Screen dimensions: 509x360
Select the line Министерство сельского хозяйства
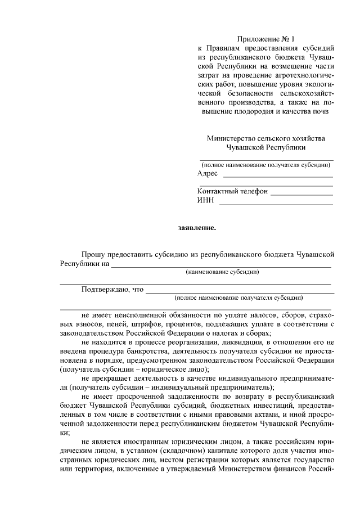[265, 138]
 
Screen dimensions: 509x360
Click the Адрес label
[208, 173]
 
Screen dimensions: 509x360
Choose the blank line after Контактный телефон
[301, 194]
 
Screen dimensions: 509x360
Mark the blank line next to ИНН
[276, 204]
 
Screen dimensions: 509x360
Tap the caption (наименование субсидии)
[222, 272]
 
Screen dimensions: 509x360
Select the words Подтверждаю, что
[112, 290]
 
